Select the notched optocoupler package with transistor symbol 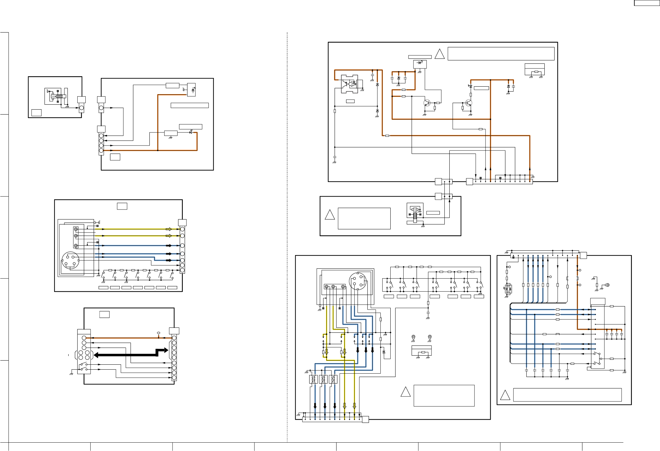(x=349, y=84)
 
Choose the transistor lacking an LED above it (x=427, y=103)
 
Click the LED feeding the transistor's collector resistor (x=470, y=86)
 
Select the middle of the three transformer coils (x=324, y=379)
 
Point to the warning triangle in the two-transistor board (x=439, y=54)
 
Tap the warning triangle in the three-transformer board (x=405, y=392)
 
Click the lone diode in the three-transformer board (x=384, y=352)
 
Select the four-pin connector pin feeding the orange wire (x=101, y=150)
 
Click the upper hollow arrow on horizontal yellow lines (x=169, y=229)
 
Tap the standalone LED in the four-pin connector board (x=191, y=132)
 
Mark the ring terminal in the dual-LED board (x=607, y=285)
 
